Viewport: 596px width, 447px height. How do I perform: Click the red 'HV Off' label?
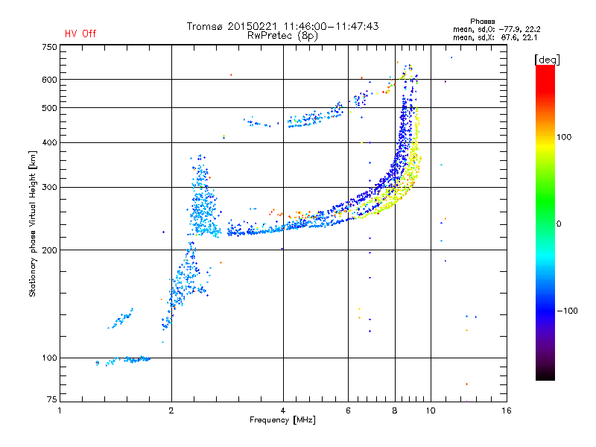coord(80,34)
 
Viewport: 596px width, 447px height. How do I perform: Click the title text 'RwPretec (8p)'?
coord(282,35)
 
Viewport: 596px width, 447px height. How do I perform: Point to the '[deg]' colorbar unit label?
coord(547,59)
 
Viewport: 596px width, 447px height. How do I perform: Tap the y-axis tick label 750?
coord(49,46)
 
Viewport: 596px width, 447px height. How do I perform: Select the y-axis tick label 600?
coord(49,80)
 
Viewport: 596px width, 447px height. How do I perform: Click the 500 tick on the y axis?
coord(49,108)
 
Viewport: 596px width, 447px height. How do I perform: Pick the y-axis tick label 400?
coord(49,142)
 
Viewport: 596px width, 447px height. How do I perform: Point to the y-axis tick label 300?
coord(49,187)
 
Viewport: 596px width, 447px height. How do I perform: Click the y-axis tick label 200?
coord(49,250)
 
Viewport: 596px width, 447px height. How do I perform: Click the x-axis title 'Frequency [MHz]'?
coord(282,421)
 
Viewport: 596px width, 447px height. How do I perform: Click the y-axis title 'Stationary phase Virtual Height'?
coord(33,223)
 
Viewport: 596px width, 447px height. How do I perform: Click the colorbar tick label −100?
coord(569,311)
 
